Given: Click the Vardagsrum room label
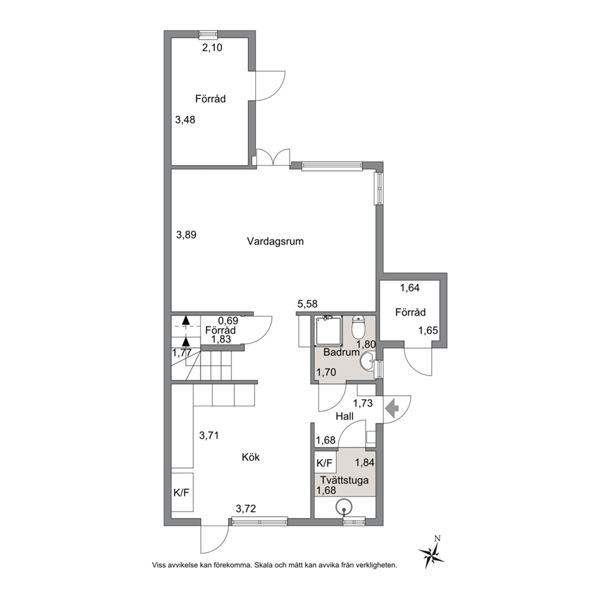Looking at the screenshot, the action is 275,241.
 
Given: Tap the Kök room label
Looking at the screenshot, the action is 250,457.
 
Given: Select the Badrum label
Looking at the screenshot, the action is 341,352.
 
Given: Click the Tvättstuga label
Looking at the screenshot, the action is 344,480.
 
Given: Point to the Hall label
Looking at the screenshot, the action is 344,416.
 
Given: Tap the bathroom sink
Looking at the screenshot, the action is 368,361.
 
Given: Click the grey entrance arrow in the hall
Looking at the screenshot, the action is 391,409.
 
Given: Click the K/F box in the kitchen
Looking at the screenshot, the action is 182,492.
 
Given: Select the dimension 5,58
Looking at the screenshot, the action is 308,304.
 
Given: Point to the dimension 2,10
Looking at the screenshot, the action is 212,48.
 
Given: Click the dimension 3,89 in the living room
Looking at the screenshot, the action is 186,234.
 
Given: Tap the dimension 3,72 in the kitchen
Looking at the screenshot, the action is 246,509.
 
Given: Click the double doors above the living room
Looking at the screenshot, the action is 273,157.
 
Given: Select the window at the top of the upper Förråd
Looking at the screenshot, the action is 209,34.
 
